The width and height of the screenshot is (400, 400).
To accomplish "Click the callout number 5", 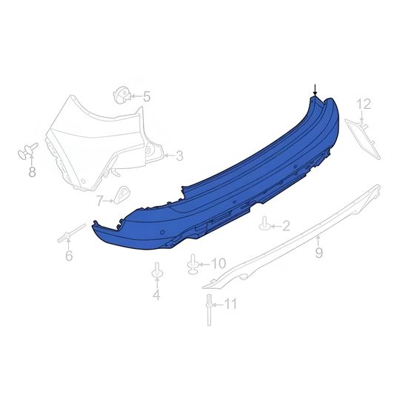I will [x=147, y=96].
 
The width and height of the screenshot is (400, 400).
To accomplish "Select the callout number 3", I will [x=179, y=156].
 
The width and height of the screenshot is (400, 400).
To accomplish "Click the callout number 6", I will [x=69, y=256].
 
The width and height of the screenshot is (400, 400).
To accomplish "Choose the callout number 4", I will [x=156, y=296].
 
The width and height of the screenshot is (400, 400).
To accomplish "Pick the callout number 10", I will [x=218, y=263].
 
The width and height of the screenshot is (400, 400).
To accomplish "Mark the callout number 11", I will [x=231, y=303].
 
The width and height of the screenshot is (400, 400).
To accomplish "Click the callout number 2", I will [x=286, y=224].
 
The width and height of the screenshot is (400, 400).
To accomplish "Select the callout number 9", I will [x=319, y=253].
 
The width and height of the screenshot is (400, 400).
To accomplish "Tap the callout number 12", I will [x=363, y=104].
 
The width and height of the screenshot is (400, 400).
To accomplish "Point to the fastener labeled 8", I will [x=27, y=153].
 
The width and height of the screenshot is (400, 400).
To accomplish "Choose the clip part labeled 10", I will [x=194, y=263].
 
